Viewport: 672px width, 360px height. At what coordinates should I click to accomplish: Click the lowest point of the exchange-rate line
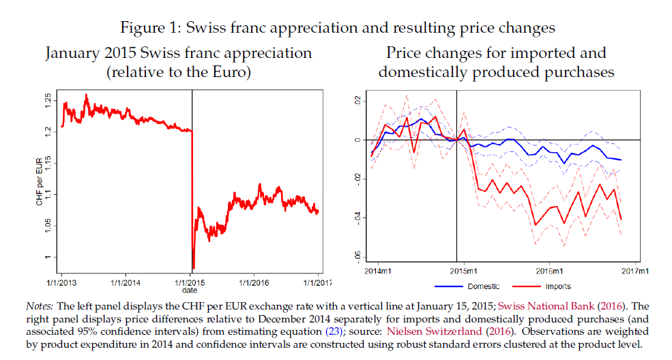tap(193, 268)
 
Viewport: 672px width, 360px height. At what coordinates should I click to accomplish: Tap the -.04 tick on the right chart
tap(357, 217)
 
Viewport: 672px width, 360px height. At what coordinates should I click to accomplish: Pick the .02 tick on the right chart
tap(357, 102)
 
